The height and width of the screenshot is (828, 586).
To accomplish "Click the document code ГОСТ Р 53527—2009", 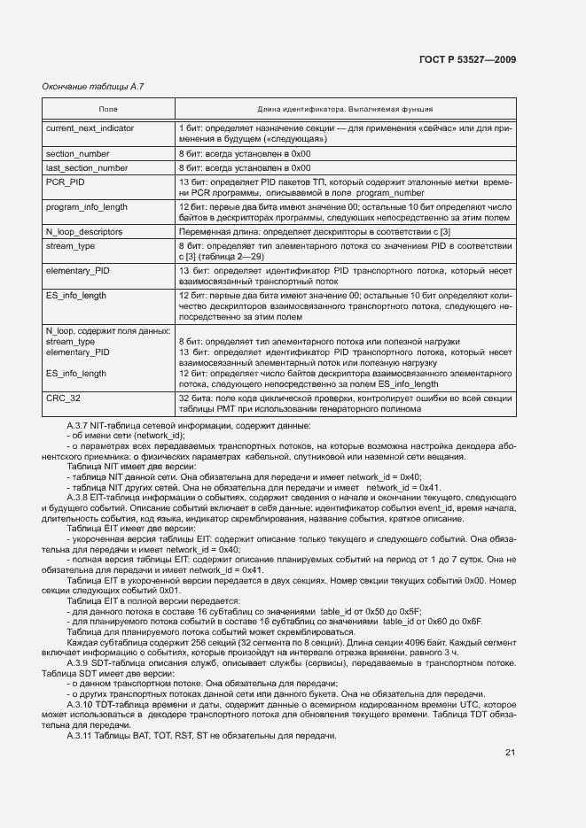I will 466,60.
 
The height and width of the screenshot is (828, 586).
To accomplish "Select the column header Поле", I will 108,110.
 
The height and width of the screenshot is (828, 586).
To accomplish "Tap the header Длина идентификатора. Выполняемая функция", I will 345,110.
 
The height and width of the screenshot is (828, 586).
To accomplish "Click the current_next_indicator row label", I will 90,128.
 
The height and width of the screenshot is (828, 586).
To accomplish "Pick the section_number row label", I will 77,153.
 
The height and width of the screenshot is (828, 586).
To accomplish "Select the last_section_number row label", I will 86,167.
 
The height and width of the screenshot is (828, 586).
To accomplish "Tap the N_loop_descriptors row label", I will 84,231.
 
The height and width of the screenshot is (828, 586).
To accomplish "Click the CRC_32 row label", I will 63,399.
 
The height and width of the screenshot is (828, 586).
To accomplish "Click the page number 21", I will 511,753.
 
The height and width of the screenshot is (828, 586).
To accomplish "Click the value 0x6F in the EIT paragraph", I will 470,622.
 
